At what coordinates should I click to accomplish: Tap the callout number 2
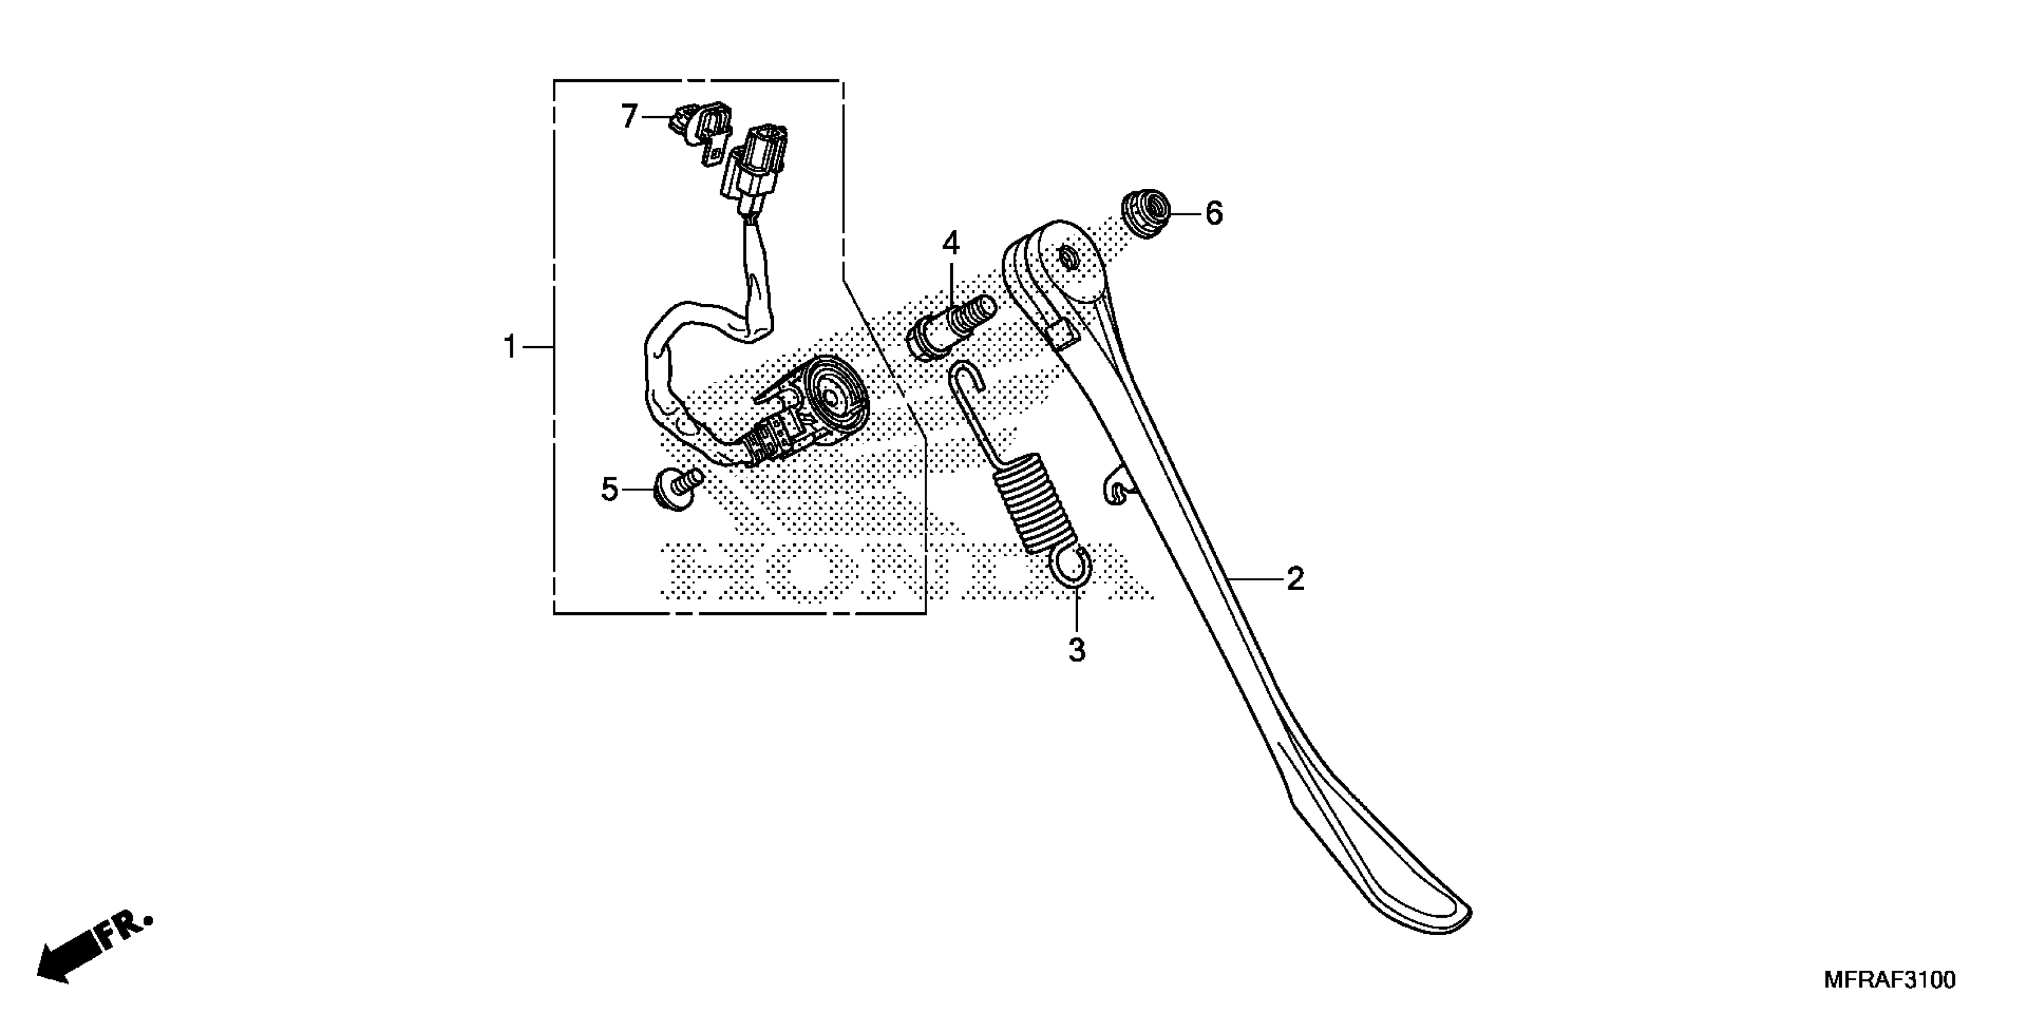coord(1294,580)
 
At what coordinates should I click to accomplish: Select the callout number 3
coord(1077,651)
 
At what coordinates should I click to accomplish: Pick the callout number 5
coord(610,490)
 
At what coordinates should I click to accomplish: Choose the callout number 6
coord(1214,213)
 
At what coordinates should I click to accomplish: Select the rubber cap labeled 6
coord(1144,211)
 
